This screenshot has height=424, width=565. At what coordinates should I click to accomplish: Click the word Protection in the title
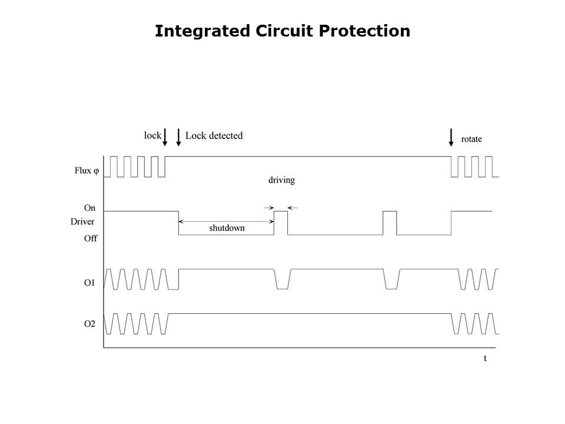(364, 31)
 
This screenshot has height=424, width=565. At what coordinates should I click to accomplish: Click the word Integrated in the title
(202, 31)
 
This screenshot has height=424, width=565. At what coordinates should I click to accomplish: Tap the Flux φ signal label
(87, 171)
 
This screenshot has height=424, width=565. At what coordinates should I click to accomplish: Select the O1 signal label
(89, 283)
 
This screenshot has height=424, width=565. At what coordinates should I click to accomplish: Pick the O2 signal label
(89, 324)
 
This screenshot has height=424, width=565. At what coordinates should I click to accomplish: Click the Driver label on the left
(82, 221)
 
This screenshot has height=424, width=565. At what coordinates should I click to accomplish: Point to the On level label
(89, 208)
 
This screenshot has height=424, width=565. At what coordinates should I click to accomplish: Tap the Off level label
(91, 238)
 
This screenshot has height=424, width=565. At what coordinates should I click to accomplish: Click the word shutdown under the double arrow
(227, 228)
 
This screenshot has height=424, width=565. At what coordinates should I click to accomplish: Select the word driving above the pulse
(281, 180)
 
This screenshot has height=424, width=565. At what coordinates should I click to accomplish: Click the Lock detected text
(214, 135)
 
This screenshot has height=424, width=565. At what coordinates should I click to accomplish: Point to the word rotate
(471, 139)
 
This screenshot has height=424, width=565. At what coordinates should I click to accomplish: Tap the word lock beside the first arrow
(152, 135)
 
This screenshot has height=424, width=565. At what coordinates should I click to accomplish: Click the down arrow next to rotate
(451, 137)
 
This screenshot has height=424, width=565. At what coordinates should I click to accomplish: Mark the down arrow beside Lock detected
(178, 137)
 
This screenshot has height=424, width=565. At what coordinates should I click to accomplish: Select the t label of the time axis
(485, 359)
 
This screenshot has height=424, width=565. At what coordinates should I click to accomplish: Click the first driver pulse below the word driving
(281, 211)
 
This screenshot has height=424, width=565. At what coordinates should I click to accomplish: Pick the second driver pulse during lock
(390, 211)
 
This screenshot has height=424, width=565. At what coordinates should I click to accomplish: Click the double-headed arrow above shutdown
(226, 221)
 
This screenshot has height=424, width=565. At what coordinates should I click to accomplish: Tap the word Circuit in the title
(284, 31)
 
